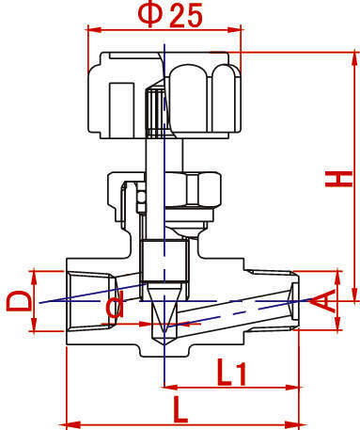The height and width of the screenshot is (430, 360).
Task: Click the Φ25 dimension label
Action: (x=170, y=15)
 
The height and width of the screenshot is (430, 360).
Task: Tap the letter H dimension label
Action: (x=338, y=179)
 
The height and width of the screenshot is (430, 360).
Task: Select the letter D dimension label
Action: (x=19, y=301)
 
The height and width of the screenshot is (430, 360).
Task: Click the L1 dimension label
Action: (x=232, y=373)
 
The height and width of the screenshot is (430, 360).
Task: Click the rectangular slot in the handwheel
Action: (x=121, y=110)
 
